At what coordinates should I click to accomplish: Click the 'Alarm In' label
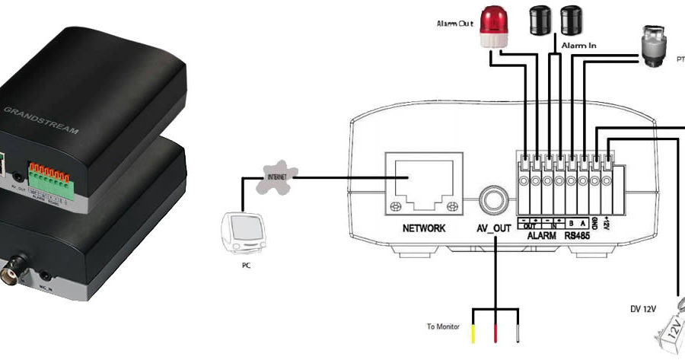(x=578, y=46)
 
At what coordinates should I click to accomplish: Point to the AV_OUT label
(x=493, y=228)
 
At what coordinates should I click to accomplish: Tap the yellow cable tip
(x=473, y=336)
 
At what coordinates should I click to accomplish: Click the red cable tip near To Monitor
(x=495, y=336)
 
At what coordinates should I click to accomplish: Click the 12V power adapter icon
(x=671, y=327)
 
